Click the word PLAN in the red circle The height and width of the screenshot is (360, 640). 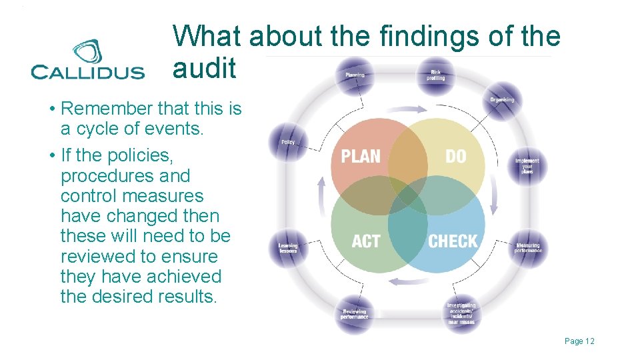click(361, 157)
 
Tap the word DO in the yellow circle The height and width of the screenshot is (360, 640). click(456, 157)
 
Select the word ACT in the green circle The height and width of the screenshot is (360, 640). click(366, 241)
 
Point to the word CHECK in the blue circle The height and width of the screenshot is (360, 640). click(453, 241)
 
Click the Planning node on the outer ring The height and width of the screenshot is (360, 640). click(355, 75)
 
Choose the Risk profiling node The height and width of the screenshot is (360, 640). click(435, 75)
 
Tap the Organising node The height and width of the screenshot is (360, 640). click(502, 100)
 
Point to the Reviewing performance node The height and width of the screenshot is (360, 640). click(354, 313)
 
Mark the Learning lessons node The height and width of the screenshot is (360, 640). click(288, 248)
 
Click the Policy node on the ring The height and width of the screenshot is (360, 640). click(288, 142)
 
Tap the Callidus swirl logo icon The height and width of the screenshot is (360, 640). click(87, 52)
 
